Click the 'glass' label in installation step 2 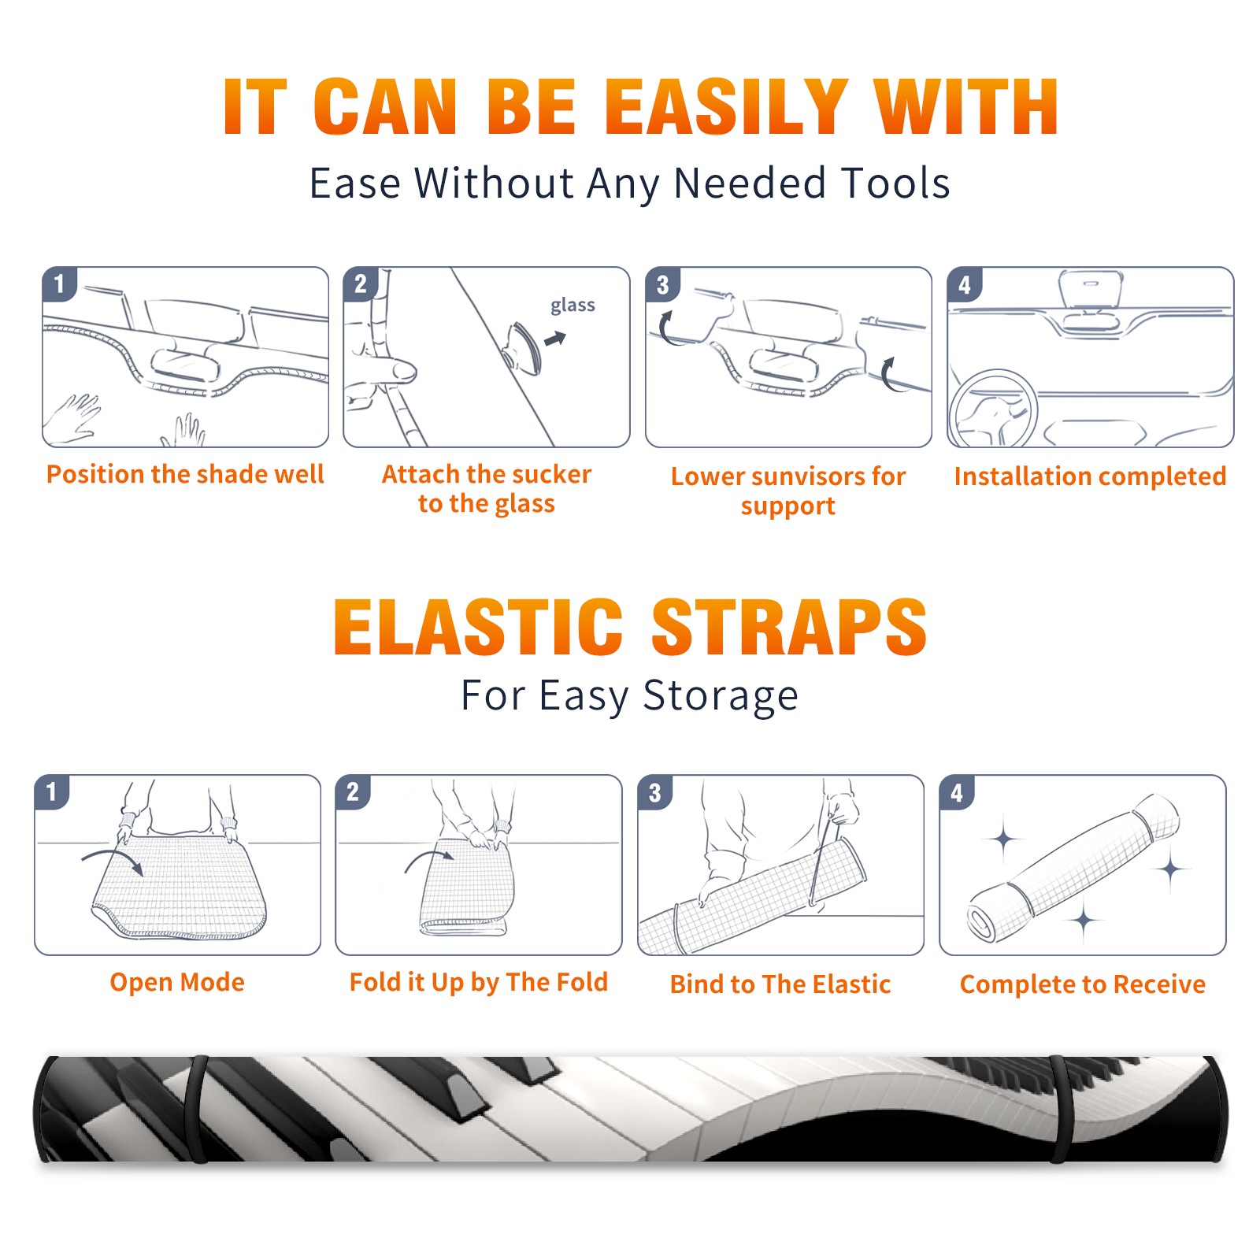tap(573, 305)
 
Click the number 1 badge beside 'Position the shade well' tap(59, 283)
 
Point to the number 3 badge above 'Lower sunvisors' tap(662, 283)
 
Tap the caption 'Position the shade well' tap(185, 474)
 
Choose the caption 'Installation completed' tap(1090, 476)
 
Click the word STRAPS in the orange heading tap(789, 627)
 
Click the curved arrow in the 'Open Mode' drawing tap(113, 857)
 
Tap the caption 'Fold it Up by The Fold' tap(479, 982)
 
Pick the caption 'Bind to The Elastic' tap(780, 984)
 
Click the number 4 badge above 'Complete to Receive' tap(957, 792)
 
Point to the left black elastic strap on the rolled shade tap(197, 1110)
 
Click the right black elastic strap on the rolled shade tap(1059, 1110)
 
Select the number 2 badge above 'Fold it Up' tap(352, 792)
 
